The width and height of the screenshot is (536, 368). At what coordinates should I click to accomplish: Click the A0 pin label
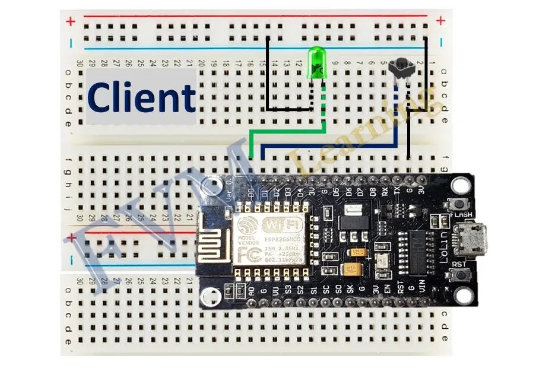(252, 291)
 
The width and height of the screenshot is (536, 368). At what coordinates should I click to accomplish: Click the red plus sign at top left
(71, 22)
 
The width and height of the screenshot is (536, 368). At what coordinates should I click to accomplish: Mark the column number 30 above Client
(80, 62)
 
